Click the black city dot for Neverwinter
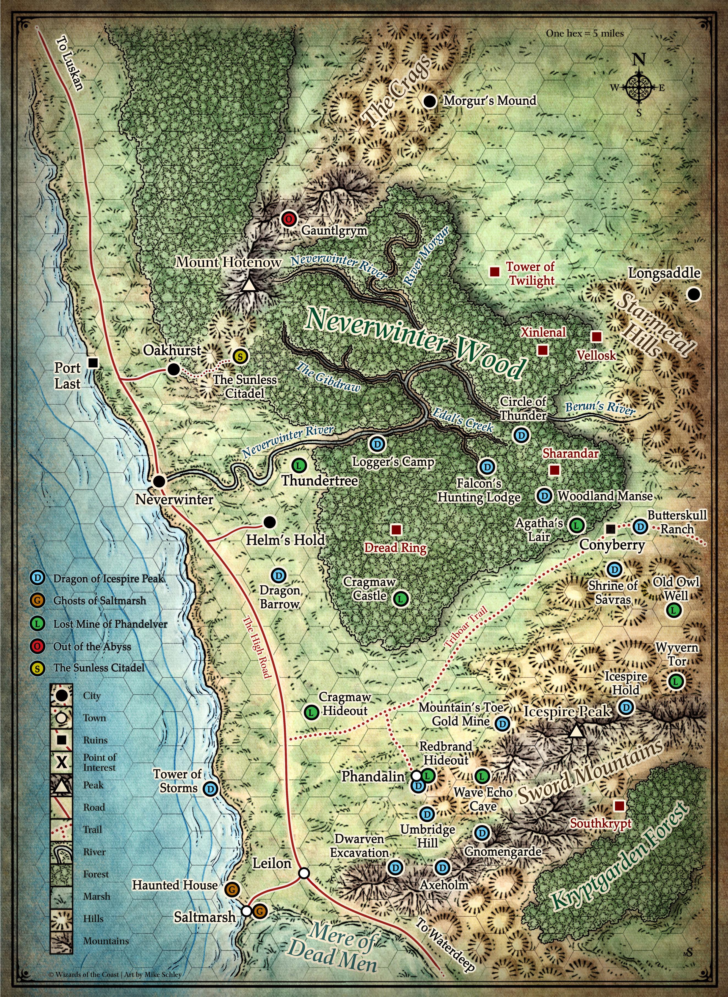click(159, 481)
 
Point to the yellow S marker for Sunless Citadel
click(240, 356)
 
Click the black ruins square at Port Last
click(93, 362)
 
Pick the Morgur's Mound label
click(490, 101)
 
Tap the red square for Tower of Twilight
click(494, 272)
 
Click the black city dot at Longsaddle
click(694, 294)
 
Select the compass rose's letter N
click(639, 59)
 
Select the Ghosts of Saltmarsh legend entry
click(99, 600)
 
